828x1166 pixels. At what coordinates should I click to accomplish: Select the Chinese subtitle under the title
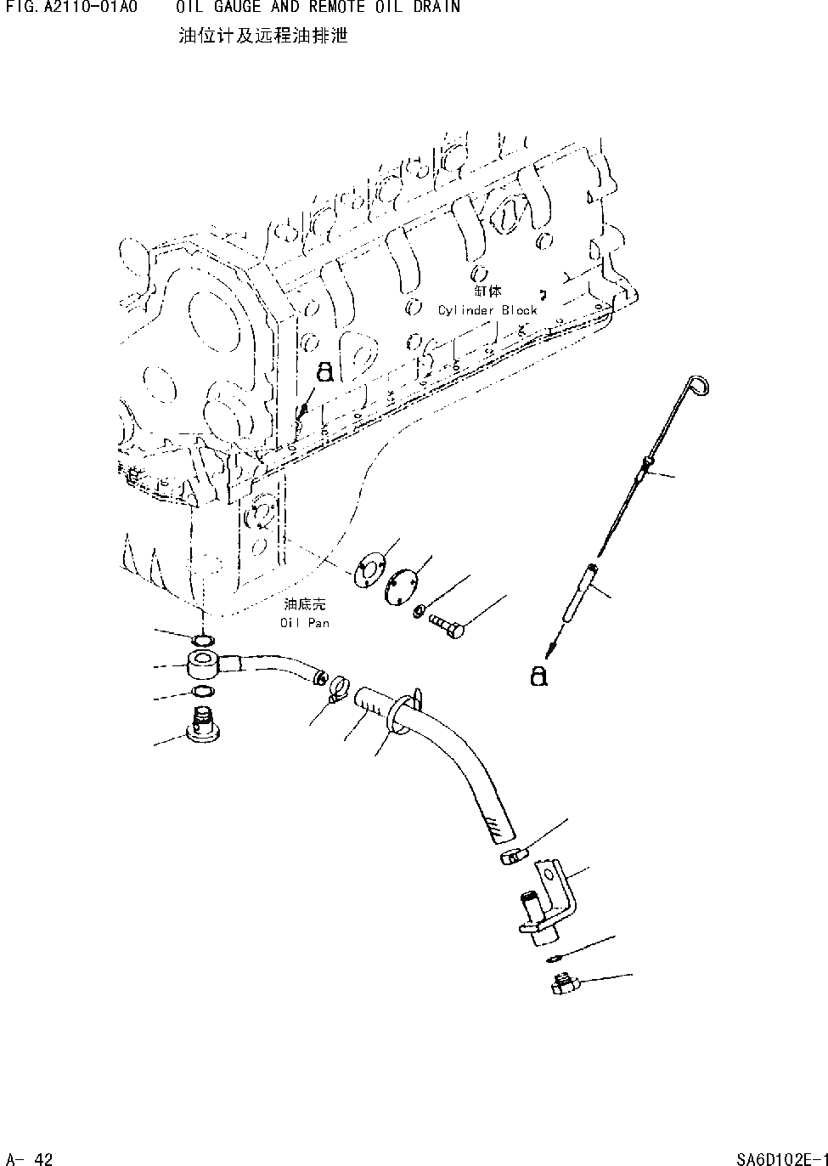(263, 37)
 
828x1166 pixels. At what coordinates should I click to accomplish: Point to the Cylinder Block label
(487, 310)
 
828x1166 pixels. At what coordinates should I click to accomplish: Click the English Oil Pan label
(305, 623)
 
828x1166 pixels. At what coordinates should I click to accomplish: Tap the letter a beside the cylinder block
(324, 373)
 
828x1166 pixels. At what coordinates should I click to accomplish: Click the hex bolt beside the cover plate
(448, 625)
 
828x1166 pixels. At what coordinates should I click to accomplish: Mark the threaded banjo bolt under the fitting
(200, 724)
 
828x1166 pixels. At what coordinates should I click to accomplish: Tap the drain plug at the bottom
(563, 987)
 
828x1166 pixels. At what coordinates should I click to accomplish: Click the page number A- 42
(30, 1158)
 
